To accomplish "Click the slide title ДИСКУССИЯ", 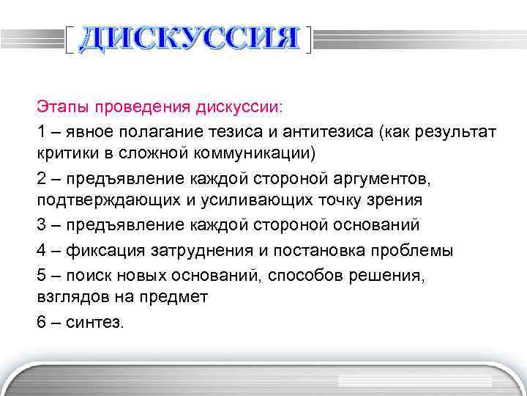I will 190,39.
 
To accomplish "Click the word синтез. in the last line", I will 95,321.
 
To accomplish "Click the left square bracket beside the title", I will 69,40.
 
